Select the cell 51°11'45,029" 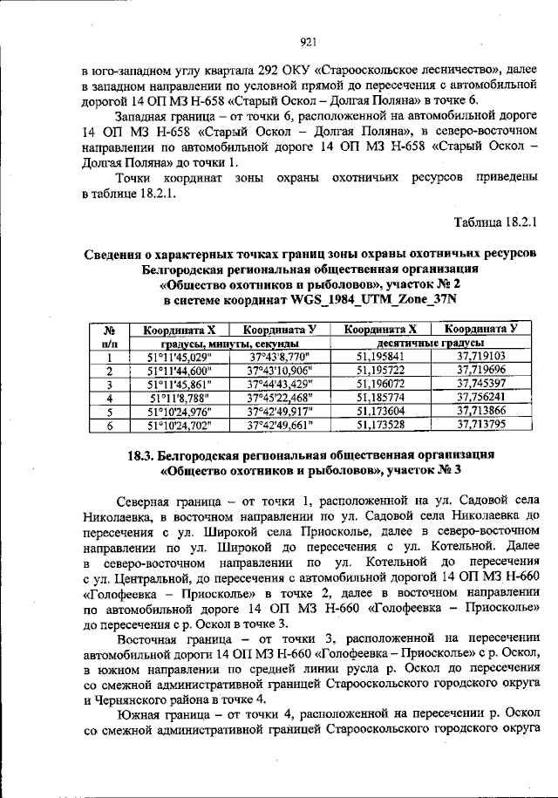pyautogui.click(x=180, y=357)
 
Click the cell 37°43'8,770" pyautogui.click(x=280, y=357)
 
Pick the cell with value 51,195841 pyautogui.click(x=381, y=357)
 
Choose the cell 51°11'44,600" pyautogui.click(x=180, y=371)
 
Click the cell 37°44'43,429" pyautogui.click(x=280, y=385)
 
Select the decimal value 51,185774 pyautogui.click(x=381, y=398)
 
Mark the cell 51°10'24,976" pyautogui.click(x=180, y=412)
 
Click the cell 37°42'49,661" pyautogui.click(x=280, y=426)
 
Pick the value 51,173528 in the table pyautogui.click(x=381, y=426)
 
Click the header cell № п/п pyautogui.click(x=111, y=337)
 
